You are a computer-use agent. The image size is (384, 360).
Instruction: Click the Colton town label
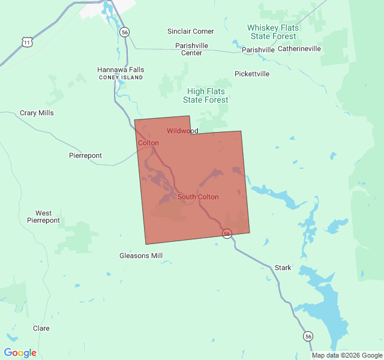pos(148,143)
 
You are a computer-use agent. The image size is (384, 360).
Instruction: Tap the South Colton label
pos(198,197)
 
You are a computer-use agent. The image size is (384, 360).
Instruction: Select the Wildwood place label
pos(182,131)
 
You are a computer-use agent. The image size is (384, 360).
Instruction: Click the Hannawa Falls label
pos(121,70)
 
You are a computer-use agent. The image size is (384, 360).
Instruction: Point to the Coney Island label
pos(121,77)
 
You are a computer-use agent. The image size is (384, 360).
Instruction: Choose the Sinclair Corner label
pos(190,31)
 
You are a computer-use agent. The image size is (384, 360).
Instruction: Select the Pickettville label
pos(252,74)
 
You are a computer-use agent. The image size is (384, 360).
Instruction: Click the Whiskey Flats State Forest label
pos(273,32)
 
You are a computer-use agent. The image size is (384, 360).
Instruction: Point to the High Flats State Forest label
pos(206,95)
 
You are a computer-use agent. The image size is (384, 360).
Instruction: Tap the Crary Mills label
pos(37,113)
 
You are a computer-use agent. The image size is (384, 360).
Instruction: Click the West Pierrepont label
pos(43,217)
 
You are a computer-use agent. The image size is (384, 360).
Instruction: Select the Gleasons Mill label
pos(141,256)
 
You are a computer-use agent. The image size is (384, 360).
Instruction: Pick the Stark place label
pos(283,268)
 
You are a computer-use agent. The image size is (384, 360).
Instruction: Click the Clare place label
pos(41,328)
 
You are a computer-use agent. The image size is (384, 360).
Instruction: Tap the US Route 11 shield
pos(26,41)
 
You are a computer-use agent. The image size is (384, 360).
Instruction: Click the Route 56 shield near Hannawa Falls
pos(124,32)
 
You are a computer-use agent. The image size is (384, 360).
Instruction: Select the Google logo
pos(20,353)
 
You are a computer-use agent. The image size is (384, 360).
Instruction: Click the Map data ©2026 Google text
pos(347,355)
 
